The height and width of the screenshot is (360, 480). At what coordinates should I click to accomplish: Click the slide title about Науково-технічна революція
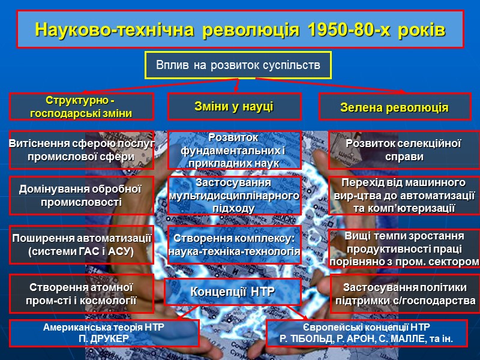pyautogui.click(x=239, y=29)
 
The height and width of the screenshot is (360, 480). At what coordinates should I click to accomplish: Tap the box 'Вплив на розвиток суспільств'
pyautogui.click(x=238, y=64)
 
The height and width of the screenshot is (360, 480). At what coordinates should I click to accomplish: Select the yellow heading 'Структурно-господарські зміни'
pyautogui.click(x=81, y=106)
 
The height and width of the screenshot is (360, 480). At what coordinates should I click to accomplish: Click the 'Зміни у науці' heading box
pyautogui.click(x=234, y=106)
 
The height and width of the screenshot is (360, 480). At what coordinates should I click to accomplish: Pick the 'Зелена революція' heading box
pyautogui.click(x=394, y=107)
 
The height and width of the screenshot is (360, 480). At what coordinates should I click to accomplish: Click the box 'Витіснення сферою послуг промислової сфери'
pyautogui.click(x=81, y=150)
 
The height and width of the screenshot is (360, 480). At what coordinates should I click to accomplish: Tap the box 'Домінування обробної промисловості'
pyautogui.click(x=81, y=196)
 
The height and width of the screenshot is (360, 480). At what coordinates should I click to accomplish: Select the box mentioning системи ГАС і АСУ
pyautogui.click(x=81, y=245)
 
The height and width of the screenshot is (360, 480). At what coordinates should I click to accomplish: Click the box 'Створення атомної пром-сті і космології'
pyautogui.click(x=81, y=293)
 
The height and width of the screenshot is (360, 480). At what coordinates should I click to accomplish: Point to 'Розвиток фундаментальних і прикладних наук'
pyautogui.click(x=234, y=150)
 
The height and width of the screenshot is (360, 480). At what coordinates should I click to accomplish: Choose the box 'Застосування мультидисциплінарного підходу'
pyautogui.click(x=234, y=195)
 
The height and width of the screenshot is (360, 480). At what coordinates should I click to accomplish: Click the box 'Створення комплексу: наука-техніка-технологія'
pyautogui.click(x=234, y=245)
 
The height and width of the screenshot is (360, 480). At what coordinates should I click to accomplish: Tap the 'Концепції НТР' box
pyautogui.click(x=233, y=292)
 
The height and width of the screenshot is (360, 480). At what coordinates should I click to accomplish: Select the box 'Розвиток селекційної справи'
pyautogui.click(x=403, y=150)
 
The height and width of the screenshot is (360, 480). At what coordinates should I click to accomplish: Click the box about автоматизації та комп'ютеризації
pyautogui.click(x=403, y=195)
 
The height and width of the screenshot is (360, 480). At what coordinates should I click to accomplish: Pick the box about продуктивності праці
pyautogui.click(x=403, y=248)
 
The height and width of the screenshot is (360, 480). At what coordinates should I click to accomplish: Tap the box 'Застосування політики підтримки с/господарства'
pyautogui.click(x=405, y=293)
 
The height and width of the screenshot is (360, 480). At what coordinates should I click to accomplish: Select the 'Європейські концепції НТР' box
pyautogui.click(x=367, y=334)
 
